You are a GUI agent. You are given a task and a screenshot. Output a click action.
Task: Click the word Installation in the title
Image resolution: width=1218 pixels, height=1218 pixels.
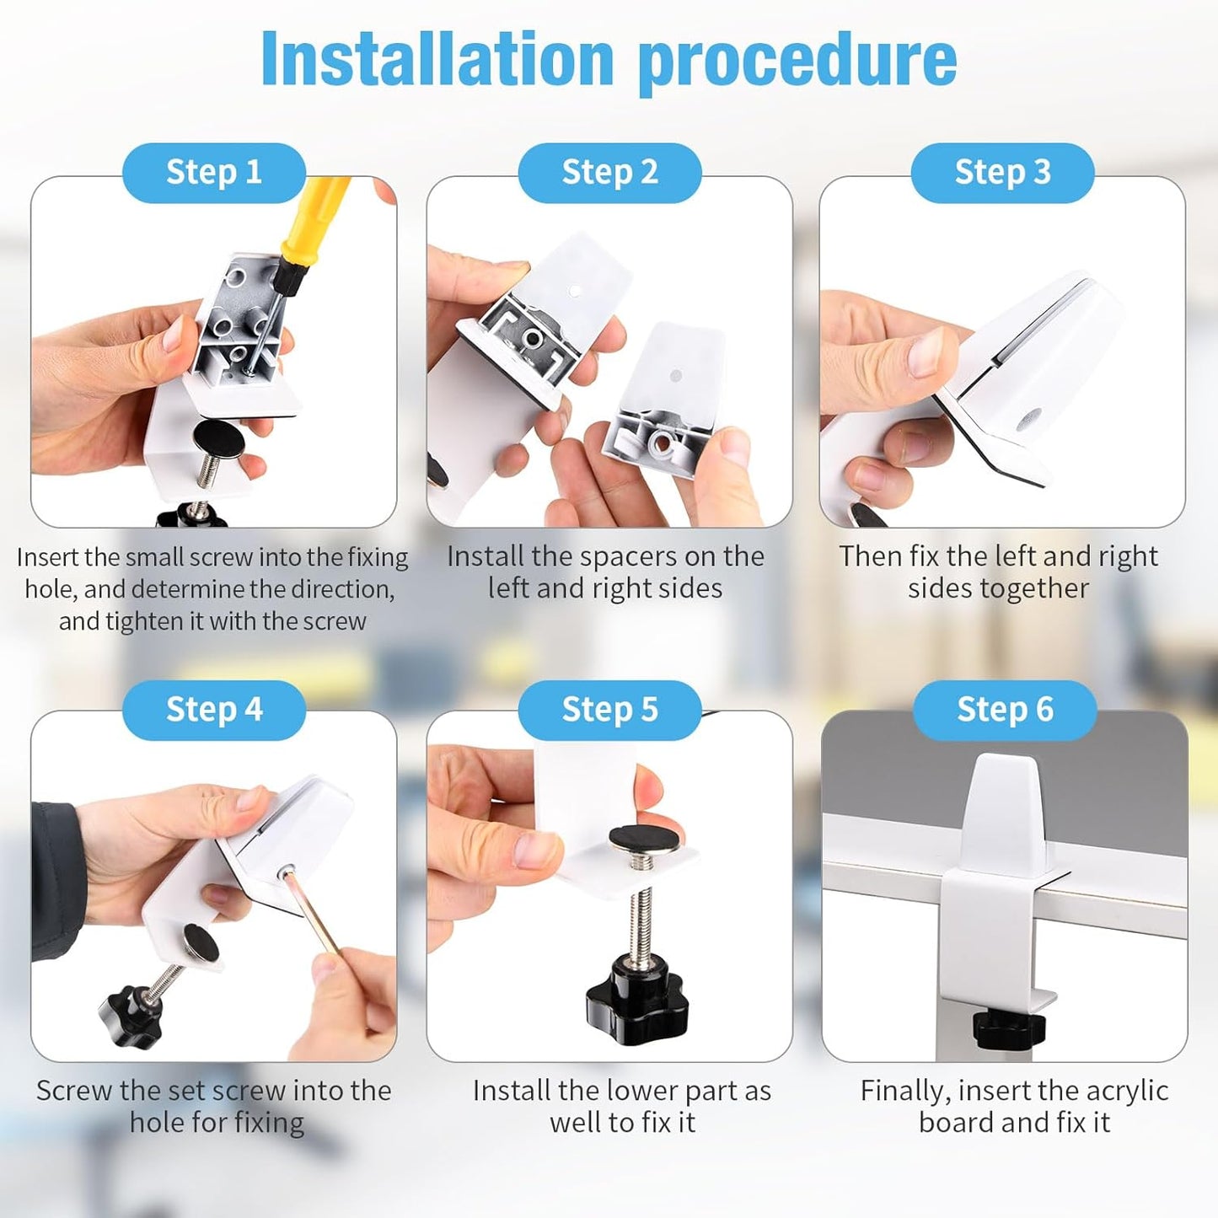tap(437, 59)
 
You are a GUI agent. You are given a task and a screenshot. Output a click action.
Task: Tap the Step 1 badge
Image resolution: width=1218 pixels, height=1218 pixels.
tap(214, 173)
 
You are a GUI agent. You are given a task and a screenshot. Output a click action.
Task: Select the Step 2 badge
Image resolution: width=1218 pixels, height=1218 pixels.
tap(610, 173)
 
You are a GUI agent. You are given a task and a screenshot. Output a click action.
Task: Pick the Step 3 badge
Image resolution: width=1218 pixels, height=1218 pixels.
tap(1002, 173)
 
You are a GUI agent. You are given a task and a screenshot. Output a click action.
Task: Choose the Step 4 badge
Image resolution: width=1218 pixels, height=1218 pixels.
tap(214, 710)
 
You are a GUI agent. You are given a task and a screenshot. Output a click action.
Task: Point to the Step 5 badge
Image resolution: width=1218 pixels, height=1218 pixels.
tap(610, 710)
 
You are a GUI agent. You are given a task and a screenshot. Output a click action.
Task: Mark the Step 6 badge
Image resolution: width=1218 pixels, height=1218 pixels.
tap(1005, 710)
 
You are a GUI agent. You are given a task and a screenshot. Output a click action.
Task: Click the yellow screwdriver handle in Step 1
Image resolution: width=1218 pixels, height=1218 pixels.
tap(316, 218)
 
